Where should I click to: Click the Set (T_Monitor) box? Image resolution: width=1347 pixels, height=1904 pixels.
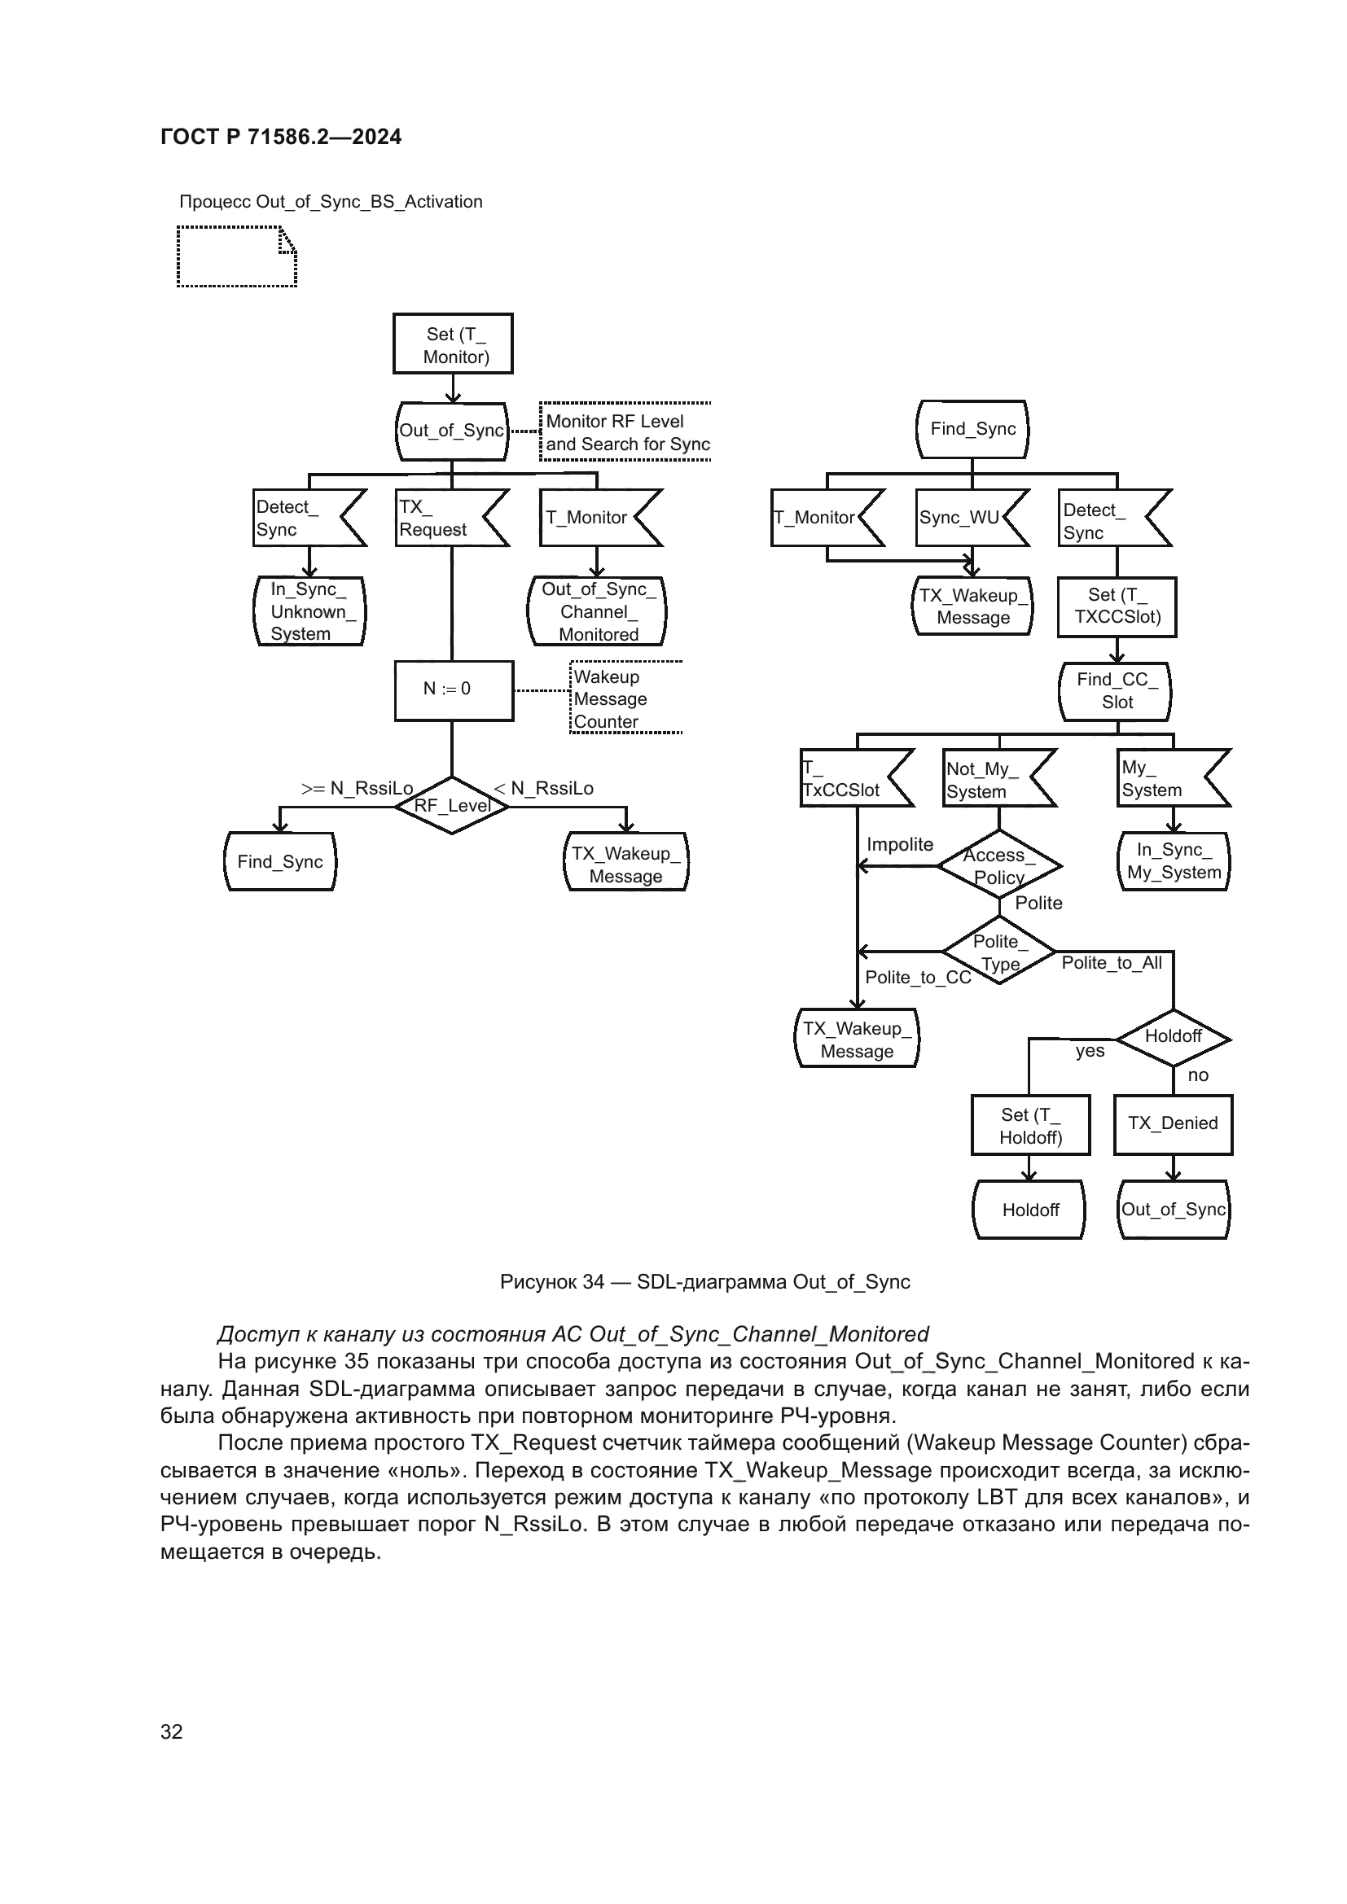(453, 344)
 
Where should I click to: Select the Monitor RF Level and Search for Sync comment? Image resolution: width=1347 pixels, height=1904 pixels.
(626, 433)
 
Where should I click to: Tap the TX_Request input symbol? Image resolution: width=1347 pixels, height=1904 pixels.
(448, 519)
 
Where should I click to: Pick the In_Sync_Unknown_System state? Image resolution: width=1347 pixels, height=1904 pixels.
(309, 611)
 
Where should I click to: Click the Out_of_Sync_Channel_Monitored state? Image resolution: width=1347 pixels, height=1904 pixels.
(597, 611)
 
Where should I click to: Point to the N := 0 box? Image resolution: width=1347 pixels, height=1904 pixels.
(454, 689)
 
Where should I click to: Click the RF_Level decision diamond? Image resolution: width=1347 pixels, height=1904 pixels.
(452, 805)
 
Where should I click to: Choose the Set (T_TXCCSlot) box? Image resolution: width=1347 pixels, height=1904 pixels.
(1117, 607)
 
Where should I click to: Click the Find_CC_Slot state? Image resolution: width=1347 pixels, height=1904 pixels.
(1116, 691)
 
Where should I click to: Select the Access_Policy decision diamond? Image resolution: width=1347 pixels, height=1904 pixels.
(999, 866)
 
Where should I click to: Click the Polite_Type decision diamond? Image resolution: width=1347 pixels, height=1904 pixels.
(999, 952)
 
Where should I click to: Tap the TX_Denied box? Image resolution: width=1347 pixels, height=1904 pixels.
(1173, 1123)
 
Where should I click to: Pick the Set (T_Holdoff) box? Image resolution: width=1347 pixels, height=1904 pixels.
(1030, 1125)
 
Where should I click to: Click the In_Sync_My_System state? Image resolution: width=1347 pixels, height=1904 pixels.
(1173, 860)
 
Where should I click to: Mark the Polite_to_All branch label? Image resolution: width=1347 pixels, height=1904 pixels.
(1112, 963)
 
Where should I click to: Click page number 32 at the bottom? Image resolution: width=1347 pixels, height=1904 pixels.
(172, 1731)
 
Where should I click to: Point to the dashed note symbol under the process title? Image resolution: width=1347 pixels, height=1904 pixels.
(236, 257)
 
